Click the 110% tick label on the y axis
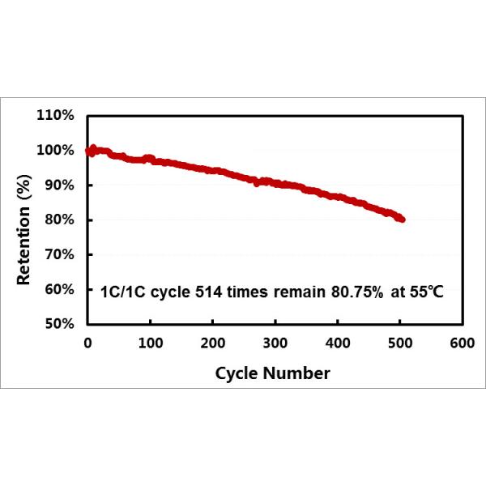pos(58,116)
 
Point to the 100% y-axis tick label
pos(58,151)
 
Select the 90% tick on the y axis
pos(60,185)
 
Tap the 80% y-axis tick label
pos(60,220)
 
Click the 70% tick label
pos(60,255)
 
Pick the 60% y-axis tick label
pos(60,290)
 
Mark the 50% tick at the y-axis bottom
pos(60,325)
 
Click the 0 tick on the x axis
pos(87,343)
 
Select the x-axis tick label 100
pos(150,343)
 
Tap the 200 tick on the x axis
pos(212,343)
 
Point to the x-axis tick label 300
pos(275,343)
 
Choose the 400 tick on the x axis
pos(337,343)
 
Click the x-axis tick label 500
pos(399,343)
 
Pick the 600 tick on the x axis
pos(462,343)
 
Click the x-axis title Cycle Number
pos(272,373)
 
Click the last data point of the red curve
pos(402,220)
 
